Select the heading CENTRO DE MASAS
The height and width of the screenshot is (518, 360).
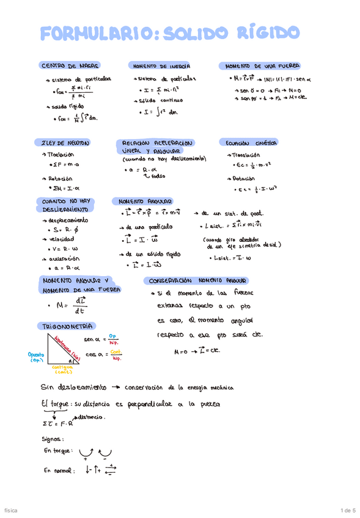[70, 65]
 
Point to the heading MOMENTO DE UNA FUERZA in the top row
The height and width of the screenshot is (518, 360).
[255, 65]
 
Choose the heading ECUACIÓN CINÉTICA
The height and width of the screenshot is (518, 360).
[252, 142]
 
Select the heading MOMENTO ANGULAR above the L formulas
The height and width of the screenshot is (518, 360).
[145, 200]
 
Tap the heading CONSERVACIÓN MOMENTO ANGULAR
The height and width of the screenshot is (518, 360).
[194, 280]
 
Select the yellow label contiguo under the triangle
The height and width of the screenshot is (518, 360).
[64, 368]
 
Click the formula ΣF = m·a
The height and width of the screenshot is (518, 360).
[68, 165]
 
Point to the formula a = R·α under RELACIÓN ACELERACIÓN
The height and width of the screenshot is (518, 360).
[140, 170]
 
